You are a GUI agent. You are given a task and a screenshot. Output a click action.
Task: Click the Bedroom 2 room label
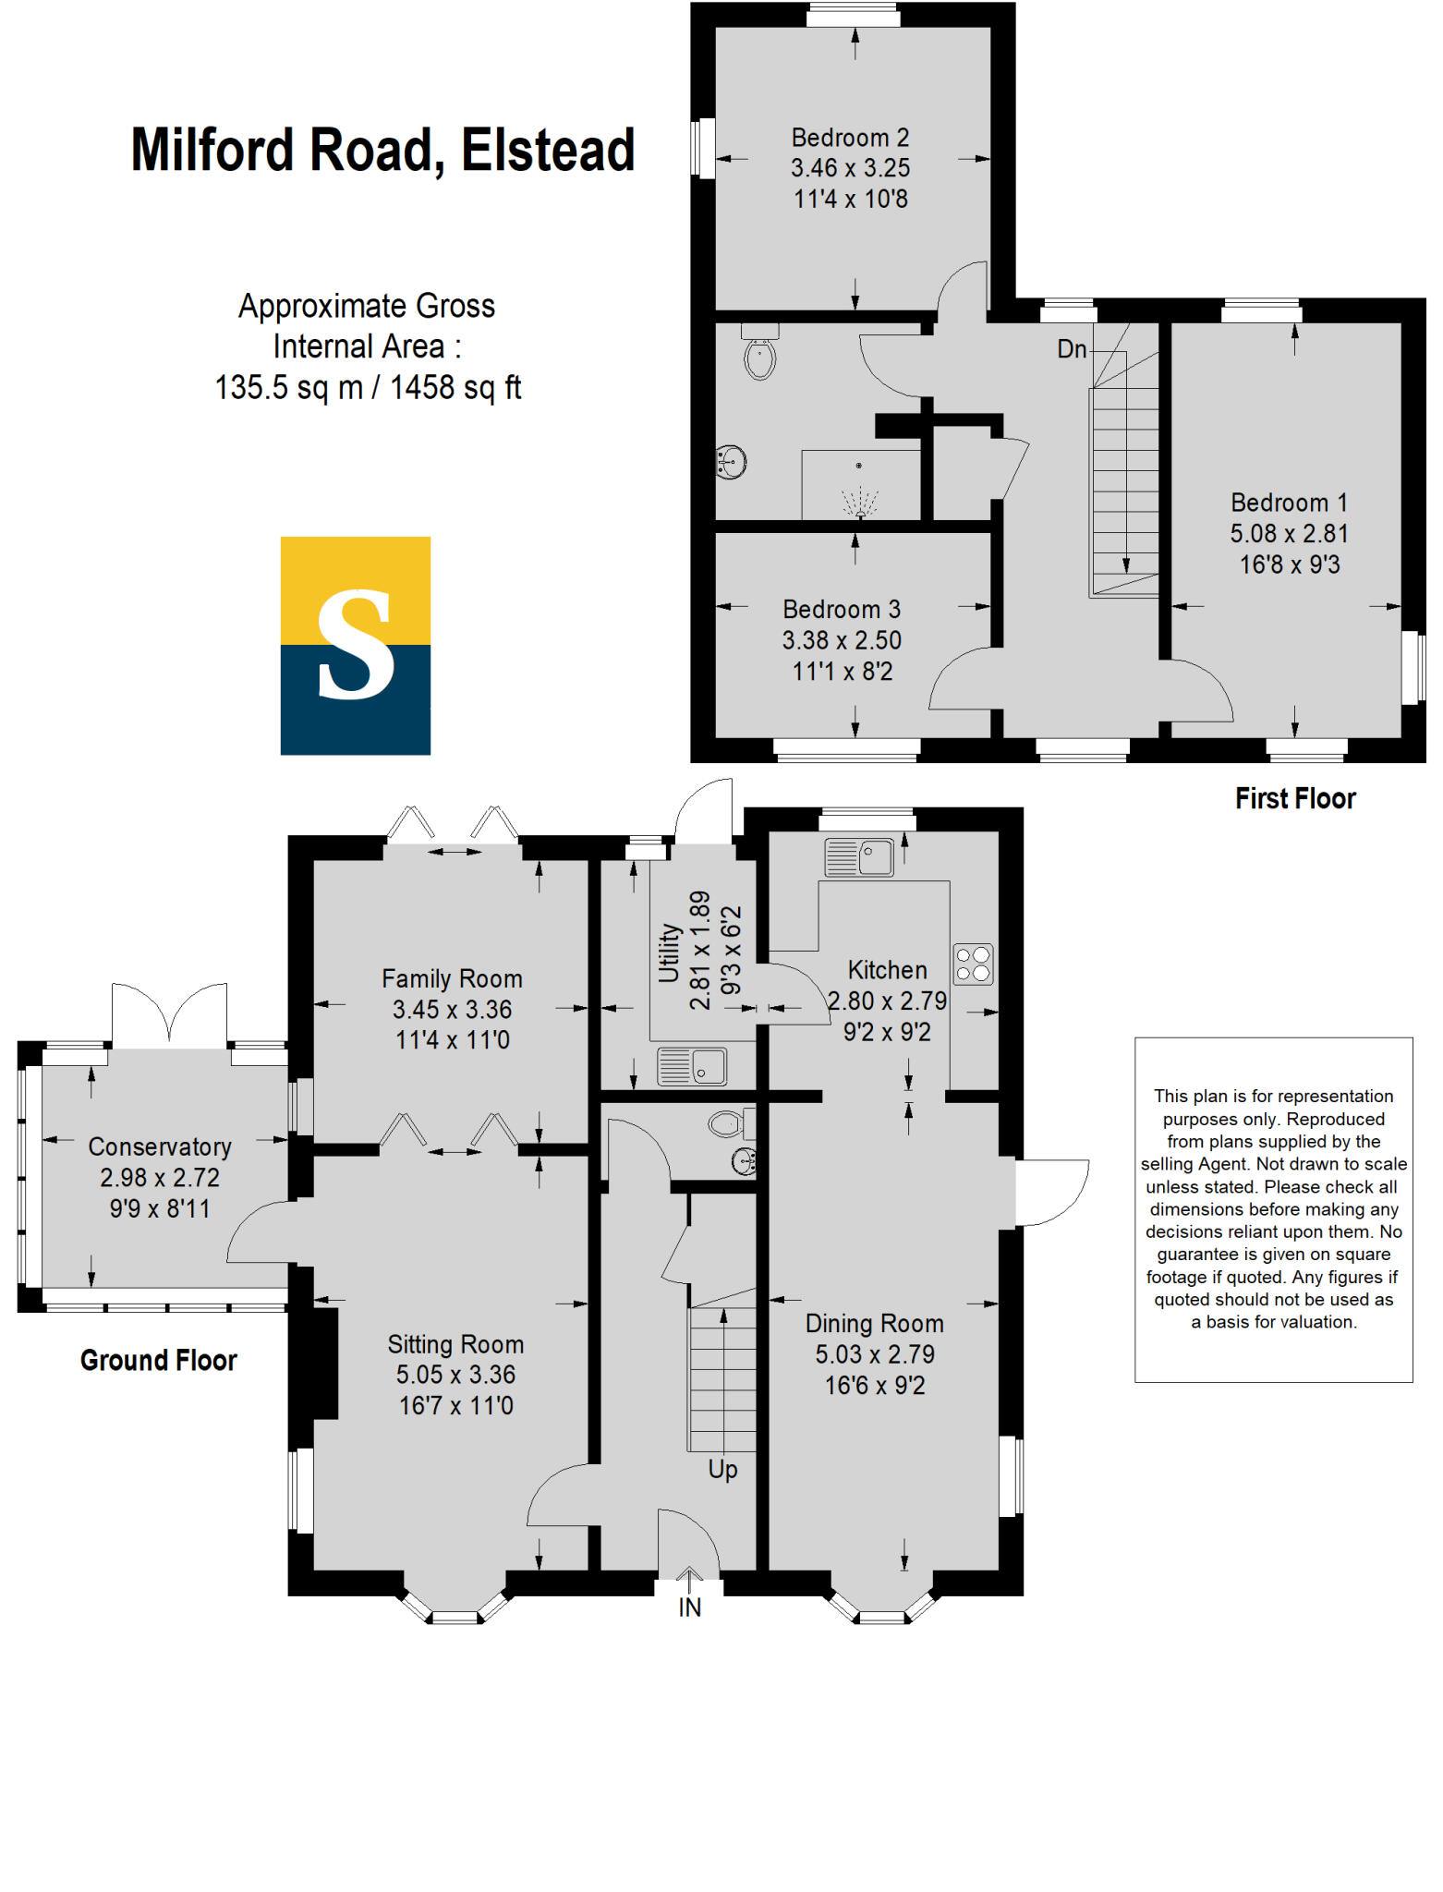click(850, 138)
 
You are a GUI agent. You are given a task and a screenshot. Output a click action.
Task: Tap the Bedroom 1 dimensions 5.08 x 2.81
click(1289, 533)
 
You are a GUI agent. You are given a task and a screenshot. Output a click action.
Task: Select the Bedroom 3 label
click(841, 610)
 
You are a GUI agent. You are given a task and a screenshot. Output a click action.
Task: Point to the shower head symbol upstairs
click(859, 503)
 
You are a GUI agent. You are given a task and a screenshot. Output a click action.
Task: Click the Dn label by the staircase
click(1072, 349)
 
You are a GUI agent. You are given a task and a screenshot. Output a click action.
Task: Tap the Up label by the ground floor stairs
click(722, 1469)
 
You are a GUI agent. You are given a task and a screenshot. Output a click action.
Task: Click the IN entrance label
click(689, 1607)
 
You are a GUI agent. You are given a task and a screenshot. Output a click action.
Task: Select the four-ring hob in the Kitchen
click(973, 964)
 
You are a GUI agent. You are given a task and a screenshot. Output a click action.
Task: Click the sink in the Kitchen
click(860, 856)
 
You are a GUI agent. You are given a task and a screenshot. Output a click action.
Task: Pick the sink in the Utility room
click(692, 1066)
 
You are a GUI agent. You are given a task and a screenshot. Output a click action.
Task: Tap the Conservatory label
click(160, 1146)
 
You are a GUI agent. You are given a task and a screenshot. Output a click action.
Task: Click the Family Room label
click(452, 978)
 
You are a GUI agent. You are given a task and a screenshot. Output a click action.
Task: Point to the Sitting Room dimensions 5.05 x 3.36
click(455, 1375)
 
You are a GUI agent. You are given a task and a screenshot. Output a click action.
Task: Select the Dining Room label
click(874, 1323)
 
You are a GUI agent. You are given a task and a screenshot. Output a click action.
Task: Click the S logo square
click(356, 645)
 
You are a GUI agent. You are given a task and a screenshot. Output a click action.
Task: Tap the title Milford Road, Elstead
click(382, 150)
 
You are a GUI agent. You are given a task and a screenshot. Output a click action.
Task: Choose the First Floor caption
click(1295, 798)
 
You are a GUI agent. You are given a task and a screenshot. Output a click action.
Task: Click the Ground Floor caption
click(158, 1360)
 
